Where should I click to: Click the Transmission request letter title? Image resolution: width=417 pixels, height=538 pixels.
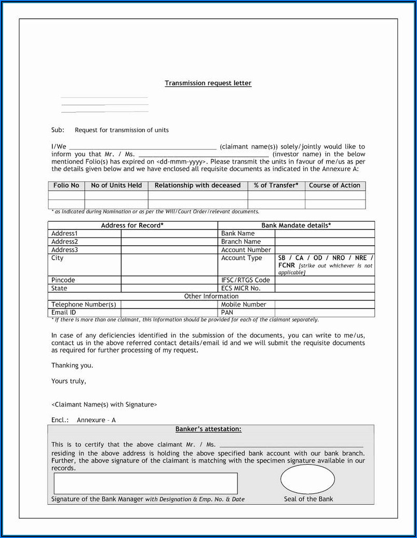pos(208,83)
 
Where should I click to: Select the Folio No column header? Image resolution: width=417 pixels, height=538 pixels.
pos(66,185)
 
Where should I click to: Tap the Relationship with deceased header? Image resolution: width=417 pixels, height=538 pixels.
pos(197,185)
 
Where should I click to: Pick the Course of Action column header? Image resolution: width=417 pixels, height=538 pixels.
pos(334,185)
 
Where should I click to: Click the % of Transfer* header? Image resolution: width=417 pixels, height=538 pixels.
pos(276,185)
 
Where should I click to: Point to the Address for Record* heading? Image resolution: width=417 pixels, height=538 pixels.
pos(132,225)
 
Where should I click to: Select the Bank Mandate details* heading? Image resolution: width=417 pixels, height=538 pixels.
pos(296,225)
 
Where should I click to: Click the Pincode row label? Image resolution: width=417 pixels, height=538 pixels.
pos(63,280)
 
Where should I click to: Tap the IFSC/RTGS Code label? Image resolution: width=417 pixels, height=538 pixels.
pos(246,280)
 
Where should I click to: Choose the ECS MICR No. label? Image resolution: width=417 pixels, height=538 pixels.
pos(241,288)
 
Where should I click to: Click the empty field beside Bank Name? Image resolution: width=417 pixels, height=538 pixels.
pos(325,234)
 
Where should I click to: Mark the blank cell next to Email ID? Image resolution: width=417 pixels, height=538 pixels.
pos(169,313)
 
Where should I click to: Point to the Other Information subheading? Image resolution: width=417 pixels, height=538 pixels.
pos(211,296)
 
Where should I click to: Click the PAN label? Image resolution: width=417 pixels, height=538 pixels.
pos(227,313)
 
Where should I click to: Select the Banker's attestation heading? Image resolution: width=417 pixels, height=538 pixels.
pos(208,429)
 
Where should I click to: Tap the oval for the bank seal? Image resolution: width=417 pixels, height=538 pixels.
pos(307,479)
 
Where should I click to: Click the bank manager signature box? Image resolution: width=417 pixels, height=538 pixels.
pos(145,483)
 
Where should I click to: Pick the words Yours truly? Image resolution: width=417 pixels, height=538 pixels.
pos(69,381)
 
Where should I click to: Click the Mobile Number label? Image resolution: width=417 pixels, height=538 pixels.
pos(244,304)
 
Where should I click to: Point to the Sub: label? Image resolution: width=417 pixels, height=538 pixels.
pos(58,130)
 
